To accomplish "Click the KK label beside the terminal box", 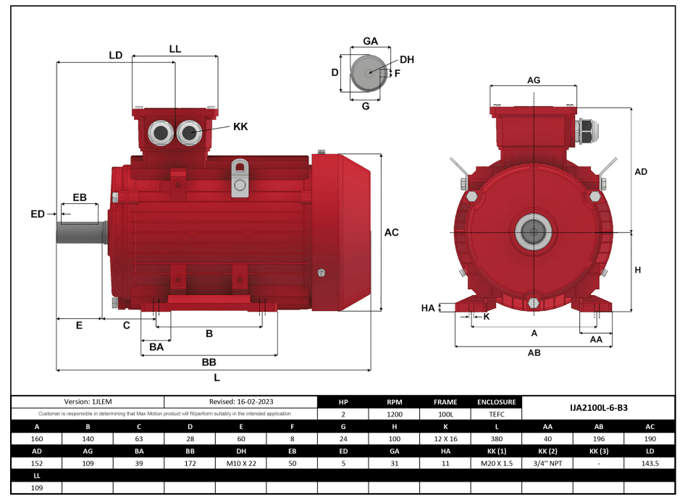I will [240, 127].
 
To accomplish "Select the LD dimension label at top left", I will [115, 55].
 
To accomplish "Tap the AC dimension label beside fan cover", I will [391, 233].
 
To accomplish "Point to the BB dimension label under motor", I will [209, 362].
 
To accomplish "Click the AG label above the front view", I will [534, 80].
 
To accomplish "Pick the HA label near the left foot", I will [428, 308].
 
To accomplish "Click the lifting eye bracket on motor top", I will [240, 178].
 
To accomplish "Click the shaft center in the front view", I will [534, 232].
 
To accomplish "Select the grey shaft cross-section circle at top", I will [368, 72].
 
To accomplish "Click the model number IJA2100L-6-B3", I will [598, 408].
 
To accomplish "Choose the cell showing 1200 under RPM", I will [394, 414].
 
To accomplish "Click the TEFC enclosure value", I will [496, 414].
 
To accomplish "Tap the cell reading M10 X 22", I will [240, 463].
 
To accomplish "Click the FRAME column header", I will [445, 402].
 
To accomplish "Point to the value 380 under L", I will [496, 439].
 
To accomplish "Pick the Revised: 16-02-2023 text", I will [241, 401].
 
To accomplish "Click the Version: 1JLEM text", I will [88, 401].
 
